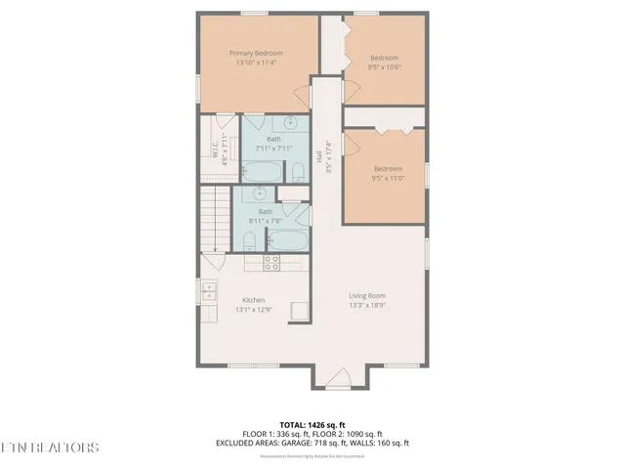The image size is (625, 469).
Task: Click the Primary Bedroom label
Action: pos(256,53)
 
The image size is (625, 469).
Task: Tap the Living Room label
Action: pos(368,296)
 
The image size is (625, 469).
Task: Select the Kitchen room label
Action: pos(254,300)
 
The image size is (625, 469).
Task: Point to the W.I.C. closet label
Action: pos(213,151)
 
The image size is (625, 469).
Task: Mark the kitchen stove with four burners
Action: pos(272,262)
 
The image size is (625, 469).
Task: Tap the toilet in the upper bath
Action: pos(298,173)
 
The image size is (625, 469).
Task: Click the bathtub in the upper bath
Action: pos(261,173)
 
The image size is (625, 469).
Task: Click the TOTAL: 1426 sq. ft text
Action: pos(312,425)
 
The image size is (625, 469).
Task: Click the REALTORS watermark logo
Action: pos(51,448)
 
